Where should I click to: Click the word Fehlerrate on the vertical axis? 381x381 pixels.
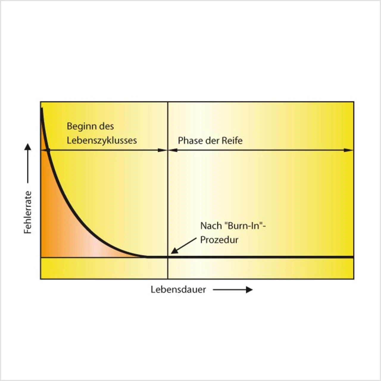click(x=28, y=212)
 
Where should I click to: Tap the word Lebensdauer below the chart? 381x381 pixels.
click(x=178, y=290)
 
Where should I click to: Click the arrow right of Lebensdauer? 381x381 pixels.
click(x=232, y=290)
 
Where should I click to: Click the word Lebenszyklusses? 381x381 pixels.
click(x=102, y=140)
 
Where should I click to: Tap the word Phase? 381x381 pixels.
click(x=189, y=140)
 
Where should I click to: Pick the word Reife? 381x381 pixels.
click(x=232, y=140)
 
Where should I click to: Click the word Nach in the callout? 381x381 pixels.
click(x=211, y=226)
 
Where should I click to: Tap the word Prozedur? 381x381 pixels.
click(x=219, y=240)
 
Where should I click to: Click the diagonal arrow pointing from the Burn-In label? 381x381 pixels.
click(x=183, y=246)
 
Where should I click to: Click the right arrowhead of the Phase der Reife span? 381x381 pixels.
click(x=349, y=150)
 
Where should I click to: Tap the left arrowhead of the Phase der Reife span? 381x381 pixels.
click(x=173, y=150)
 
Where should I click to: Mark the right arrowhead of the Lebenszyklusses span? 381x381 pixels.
click(x=163, y=150)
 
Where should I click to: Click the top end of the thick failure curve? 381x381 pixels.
click(x=42, y=109)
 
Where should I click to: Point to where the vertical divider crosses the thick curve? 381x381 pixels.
click(x=168, y=256)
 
